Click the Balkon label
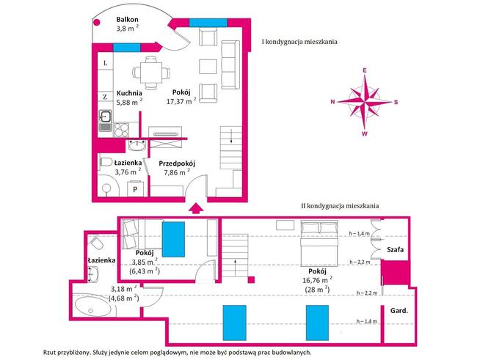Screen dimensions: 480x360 coord(126,20)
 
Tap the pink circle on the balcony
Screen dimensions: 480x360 coord(97,22)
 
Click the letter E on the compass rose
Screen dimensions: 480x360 coord(365,70)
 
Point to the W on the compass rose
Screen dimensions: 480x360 coord(365,134)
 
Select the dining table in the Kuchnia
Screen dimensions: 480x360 coord(151,73)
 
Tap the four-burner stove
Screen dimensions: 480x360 coord(122,129)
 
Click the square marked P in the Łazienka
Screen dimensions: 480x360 coord(135,189)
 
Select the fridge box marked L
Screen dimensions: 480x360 coord(105,63)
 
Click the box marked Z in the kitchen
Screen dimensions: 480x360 coord(105,97)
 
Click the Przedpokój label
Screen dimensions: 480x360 coord(177,164)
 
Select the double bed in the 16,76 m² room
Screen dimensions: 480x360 coord(319,243)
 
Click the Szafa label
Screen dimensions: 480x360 coord(395,249)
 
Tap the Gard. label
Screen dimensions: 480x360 coord(399,311)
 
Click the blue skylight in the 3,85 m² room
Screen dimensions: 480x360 coord(173,239)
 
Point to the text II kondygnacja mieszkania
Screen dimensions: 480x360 coord(340,206)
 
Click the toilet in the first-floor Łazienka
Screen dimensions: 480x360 coord(106,162)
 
